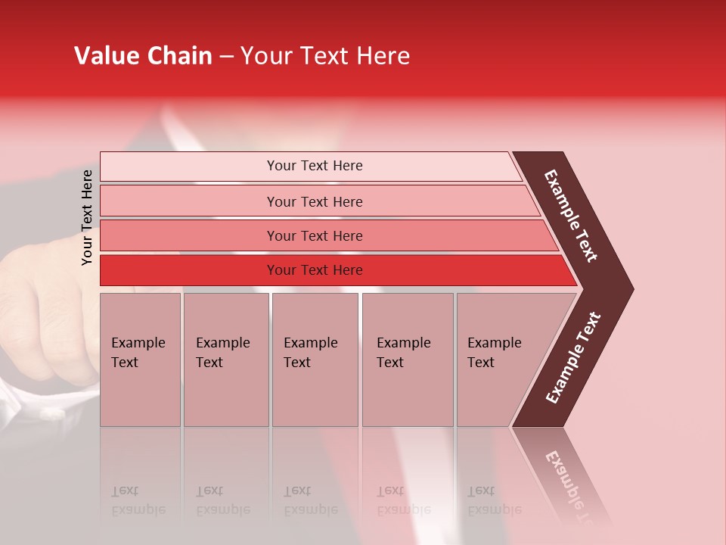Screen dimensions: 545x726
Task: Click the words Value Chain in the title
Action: (x=143, y=56)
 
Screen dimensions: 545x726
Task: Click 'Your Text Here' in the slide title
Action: (x=325, y=56)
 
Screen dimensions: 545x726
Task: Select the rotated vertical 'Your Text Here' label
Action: (x=88, y=217)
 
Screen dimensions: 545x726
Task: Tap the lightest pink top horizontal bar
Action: (x=314, y=166)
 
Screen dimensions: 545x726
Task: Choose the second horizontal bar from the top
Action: (x=314, y=201)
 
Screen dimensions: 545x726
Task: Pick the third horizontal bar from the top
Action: (x=314, y=235)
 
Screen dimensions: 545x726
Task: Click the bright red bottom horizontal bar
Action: (x=314, y=270)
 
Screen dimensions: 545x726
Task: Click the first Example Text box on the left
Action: (x=140, y=360)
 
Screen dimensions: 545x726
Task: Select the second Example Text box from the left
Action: (x=225, y=360)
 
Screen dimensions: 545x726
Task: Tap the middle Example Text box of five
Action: (x=315, y=360)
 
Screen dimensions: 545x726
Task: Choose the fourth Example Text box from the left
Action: (x=407, y=360)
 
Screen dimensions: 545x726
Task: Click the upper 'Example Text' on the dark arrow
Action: (x=571, y=216)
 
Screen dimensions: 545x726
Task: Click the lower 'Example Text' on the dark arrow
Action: (x=572, y=357)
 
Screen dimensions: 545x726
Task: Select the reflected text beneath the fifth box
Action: (x=494, y=500)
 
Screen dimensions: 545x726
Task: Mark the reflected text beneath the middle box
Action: (x=310, y=500)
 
